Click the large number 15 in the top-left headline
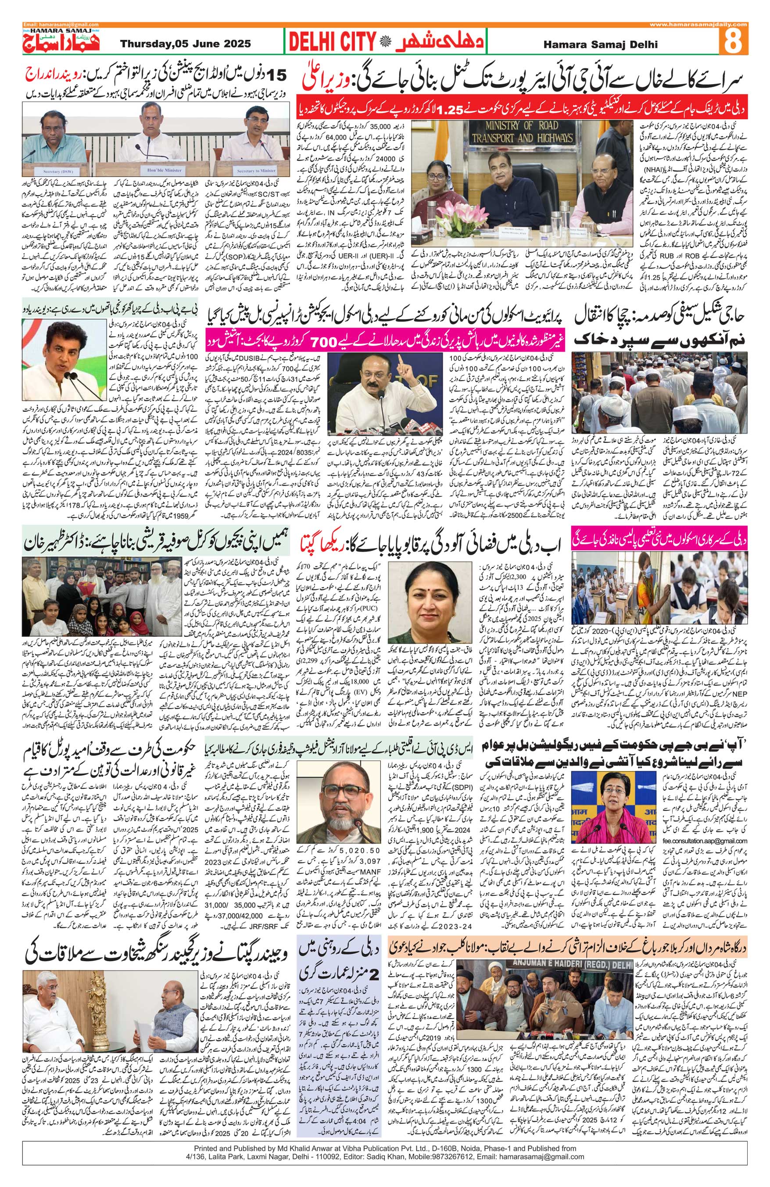coord(276,75)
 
